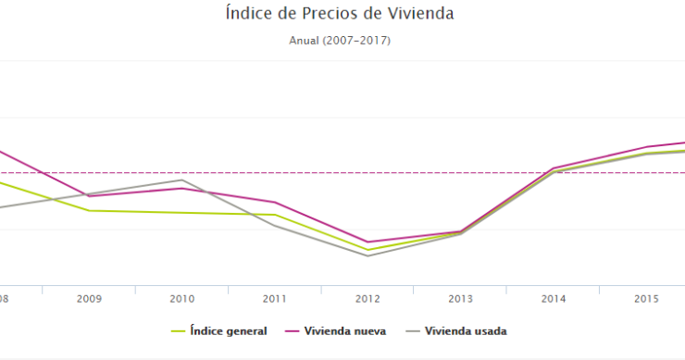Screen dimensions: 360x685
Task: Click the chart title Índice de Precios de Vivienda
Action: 341,14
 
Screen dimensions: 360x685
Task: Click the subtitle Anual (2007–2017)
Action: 341,41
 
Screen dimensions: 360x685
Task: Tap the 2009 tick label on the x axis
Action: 89,299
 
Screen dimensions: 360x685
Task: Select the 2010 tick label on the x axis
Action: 181,299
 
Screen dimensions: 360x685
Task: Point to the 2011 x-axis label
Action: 274,299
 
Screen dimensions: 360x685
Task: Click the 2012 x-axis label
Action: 367,299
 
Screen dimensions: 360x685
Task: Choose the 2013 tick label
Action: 460,299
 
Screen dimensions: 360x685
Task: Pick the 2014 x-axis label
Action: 553,299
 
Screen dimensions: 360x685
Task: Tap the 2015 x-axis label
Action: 645,299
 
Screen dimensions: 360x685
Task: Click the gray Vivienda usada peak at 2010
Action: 182,180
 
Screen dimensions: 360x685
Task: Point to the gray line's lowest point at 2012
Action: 367,255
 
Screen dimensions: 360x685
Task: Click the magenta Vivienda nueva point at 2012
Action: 367,242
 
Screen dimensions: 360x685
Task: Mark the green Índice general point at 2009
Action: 89,210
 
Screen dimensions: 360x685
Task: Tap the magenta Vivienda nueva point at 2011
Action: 275,202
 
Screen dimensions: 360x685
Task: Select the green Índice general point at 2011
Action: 275,215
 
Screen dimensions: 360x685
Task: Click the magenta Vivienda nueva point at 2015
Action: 646,146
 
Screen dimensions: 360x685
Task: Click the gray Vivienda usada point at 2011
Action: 275,226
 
